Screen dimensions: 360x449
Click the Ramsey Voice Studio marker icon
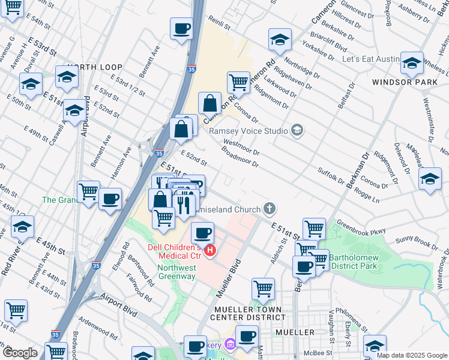point(296,130)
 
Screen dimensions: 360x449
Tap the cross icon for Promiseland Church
point(270,209)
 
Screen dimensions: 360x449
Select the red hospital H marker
point(210,250)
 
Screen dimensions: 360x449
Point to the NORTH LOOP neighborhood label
point(95,67)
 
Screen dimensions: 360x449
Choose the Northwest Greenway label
point(176,272)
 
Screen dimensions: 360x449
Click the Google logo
point(20,353)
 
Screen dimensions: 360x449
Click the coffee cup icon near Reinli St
point(181,28)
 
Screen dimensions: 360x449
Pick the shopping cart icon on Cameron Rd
point(238,82)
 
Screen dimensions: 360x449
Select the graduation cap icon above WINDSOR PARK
point(412,63)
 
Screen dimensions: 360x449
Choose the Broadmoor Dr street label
point(240,155)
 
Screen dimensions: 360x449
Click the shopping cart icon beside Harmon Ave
point(88,191)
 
